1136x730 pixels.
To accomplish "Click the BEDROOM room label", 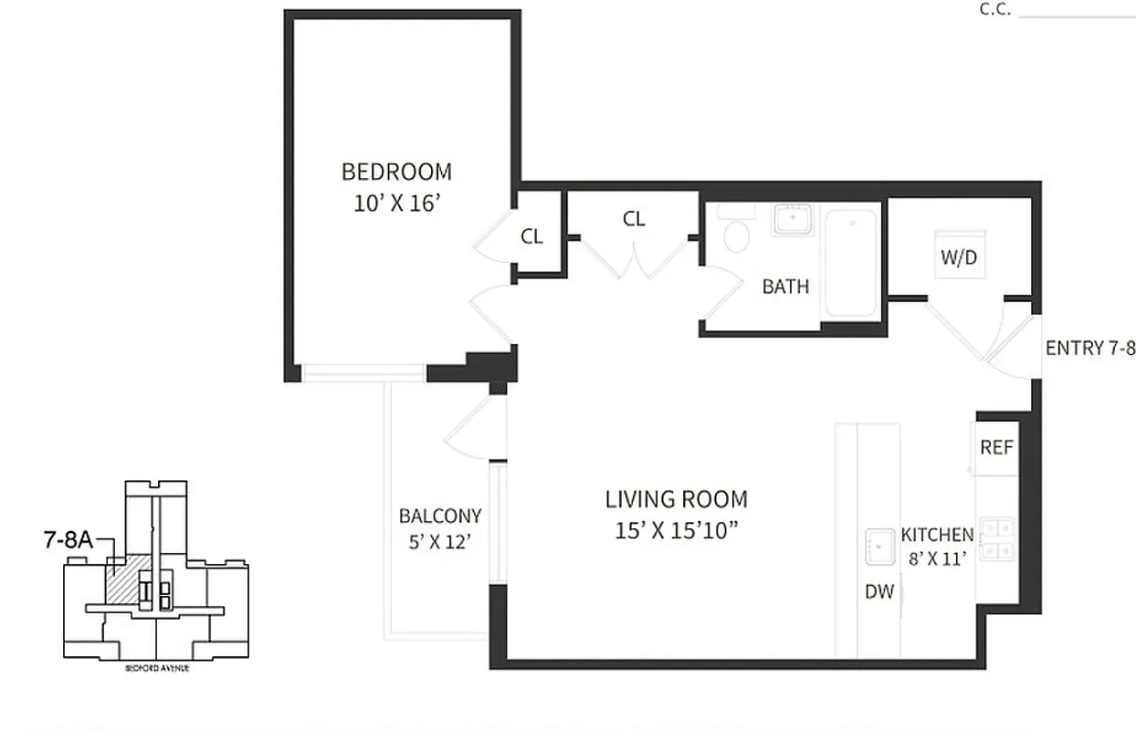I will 396,172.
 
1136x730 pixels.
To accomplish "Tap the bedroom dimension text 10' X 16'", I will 397,203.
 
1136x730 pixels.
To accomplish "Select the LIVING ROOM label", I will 676,499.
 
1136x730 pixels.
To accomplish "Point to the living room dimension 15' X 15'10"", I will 676,530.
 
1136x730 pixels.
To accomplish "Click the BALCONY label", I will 440,516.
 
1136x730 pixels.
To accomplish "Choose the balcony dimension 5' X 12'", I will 440,542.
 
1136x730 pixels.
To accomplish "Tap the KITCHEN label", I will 937,535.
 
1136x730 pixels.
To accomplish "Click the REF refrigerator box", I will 996,447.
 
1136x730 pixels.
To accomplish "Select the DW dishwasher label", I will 878,591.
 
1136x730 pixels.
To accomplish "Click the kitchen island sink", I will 880,546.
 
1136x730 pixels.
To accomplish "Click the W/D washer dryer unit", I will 959,255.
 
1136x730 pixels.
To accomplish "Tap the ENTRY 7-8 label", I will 1089,348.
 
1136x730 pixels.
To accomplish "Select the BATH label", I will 785,287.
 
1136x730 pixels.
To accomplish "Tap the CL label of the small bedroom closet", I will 531,236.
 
